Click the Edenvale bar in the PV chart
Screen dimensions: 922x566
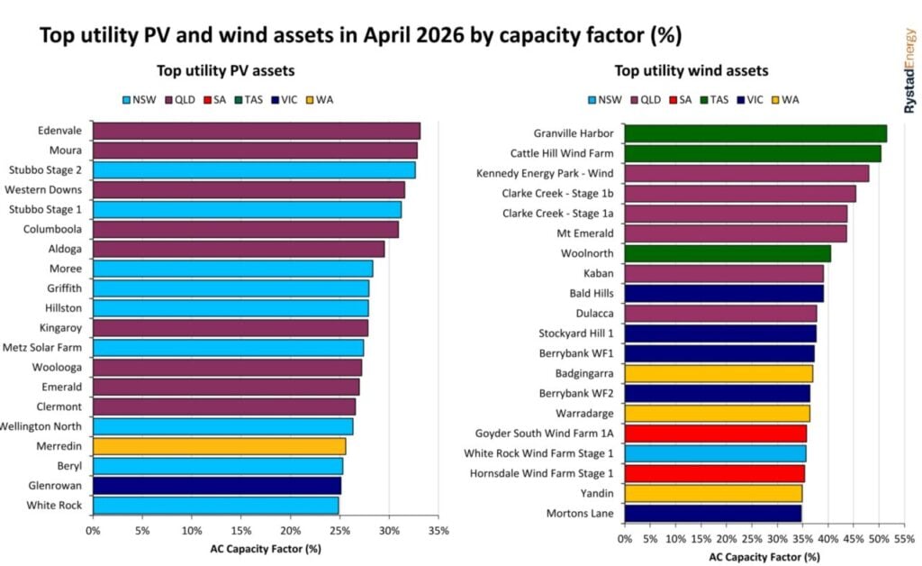[x=257, y=131]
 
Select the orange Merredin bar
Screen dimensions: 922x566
[x=220, y=446]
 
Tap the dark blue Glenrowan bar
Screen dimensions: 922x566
[x=217, y=486]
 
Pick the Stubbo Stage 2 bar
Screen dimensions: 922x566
[x=254, y=170]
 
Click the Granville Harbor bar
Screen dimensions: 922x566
[x=755, y=133]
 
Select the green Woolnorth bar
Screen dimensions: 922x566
[x=728, y=253]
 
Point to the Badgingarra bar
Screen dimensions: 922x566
[x=719, y=374]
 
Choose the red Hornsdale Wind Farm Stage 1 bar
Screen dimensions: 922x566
[x=714, y=474]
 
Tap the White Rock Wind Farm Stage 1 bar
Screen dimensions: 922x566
[x=715, y=453]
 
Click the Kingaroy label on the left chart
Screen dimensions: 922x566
[x=60, y=328]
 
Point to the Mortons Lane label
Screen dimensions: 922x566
[x=580, y=513]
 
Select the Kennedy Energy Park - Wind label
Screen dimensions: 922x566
[x=545, y=174]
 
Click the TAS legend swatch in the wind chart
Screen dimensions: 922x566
[x=703, y=100]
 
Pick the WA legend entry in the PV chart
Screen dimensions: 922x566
[x=320, y=100]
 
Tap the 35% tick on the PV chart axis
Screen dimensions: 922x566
[x=438, y=531]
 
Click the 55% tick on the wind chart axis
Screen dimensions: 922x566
[x=904, y=539]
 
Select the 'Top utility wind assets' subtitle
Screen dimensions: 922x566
[x=691, y=71]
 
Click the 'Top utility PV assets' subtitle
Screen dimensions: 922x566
[x=226, y=71]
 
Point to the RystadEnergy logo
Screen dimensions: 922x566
[x=909, y=71]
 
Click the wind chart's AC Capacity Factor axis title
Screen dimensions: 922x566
[x=764, y=557]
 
